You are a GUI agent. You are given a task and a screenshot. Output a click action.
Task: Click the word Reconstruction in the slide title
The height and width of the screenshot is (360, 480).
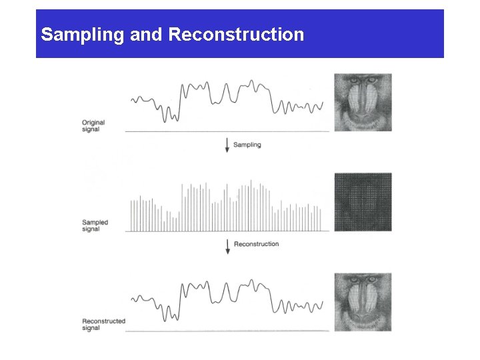tap(237, 35)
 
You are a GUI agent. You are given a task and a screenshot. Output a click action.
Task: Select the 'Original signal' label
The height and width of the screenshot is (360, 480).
tap(93, 126)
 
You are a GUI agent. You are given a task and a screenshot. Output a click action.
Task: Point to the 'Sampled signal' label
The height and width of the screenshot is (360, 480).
tap(95, 225)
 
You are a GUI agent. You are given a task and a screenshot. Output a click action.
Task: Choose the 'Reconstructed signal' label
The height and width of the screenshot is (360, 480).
tap(103, 324)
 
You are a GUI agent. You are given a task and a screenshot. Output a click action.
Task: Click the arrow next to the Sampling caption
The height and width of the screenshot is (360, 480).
tap(227, 144)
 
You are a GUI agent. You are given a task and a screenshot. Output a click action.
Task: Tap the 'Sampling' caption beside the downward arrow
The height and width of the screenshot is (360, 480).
tap(247, 145)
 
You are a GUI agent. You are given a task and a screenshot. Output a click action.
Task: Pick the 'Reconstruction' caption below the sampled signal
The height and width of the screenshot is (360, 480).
tap(256, 244)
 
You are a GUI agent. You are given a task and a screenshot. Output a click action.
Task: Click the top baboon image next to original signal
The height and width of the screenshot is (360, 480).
tap(363, 102)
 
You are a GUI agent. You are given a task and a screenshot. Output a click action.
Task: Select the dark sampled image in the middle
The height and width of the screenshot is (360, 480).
tap(363, 202)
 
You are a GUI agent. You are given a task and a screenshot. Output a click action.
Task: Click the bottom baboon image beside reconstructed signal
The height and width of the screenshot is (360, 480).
tap(363, 301)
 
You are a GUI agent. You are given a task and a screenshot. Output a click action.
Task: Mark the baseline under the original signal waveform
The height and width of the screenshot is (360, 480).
tap(227, 132)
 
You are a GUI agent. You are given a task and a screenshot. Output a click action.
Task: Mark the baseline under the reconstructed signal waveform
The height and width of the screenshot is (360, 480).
tap(227, 331)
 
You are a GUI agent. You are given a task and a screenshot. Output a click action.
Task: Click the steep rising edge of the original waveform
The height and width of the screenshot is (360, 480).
tap(181, 100)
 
